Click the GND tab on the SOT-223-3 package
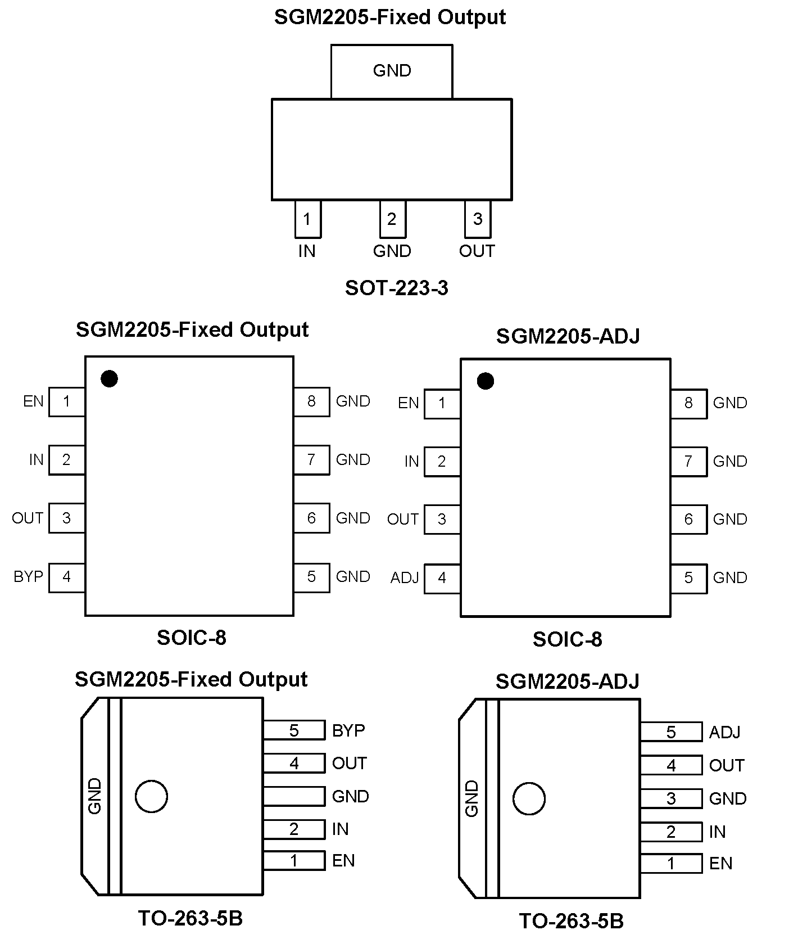tap(392, 71)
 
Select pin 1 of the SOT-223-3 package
tap(307, 219)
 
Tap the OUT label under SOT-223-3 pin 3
tap(477, 251)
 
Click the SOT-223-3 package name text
tap(396, 288)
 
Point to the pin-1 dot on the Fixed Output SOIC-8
tap(109, 378)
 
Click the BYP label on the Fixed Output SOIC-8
tap(28, 577)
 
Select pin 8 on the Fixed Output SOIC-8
tap(311, 401)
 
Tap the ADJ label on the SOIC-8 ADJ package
tap(405, 578)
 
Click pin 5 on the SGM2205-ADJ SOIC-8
tap(688, 578)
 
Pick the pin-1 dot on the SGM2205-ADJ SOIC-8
tap(485, 381)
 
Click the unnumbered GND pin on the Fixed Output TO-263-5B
tap(294, 796)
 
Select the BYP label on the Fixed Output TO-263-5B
tap(348, 730)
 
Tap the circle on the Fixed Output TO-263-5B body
tap(151, 796)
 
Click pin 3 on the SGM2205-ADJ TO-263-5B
tap(671, 798)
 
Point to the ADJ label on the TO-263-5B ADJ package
tap(724, 733)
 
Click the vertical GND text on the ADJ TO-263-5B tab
tap(472, 798)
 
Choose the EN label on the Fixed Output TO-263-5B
tap(343, 861)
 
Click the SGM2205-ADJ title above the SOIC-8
tap(568, 336)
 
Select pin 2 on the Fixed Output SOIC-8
tap(67, 460)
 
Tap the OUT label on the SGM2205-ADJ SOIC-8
tap(402, 520)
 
